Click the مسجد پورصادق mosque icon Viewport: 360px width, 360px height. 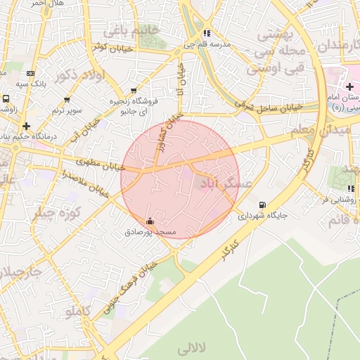click(x=149, y=221)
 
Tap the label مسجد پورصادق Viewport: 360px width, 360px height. click(x=148, y=231)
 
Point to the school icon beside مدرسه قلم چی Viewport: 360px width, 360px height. click(x=206, y=33)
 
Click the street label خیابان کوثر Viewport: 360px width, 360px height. click(x=109, y=46)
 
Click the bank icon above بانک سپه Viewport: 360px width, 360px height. click(x=30, y=72)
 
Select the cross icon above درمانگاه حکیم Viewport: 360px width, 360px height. click(x=27, y=126)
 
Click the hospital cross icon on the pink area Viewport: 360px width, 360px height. click(x=349, y=86)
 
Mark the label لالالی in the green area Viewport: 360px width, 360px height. click(x=193, y=348)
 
